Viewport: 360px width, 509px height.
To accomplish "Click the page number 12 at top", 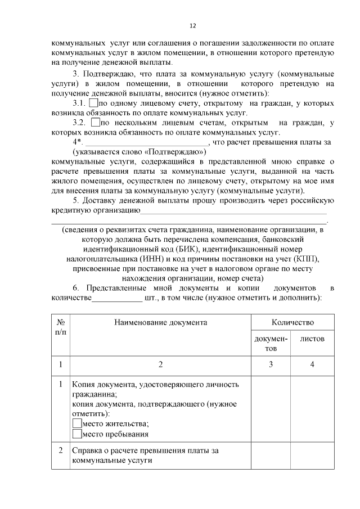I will coord(192,25).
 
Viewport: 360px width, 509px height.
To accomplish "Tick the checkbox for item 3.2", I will coord(95,122).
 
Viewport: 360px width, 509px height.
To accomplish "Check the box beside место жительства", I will coord(76,424).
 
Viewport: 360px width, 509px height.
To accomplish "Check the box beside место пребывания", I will coord(76,434).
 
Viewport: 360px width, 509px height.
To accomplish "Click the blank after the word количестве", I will coord(116,299).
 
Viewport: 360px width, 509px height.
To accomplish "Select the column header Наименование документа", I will coord(160,323).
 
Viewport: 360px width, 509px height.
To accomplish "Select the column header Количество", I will coord(292,323).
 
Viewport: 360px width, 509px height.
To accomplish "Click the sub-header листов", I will coord(312,339).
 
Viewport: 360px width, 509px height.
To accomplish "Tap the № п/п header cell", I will coord(60,327).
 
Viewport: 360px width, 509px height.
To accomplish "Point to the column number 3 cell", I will coord(271,364).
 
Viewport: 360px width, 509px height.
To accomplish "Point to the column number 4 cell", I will coord(312,364).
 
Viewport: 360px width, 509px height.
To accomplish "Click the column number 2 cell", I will coord(160,364).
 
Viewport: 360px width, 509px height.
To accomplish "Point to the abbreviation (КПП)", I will coord(305,259).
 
